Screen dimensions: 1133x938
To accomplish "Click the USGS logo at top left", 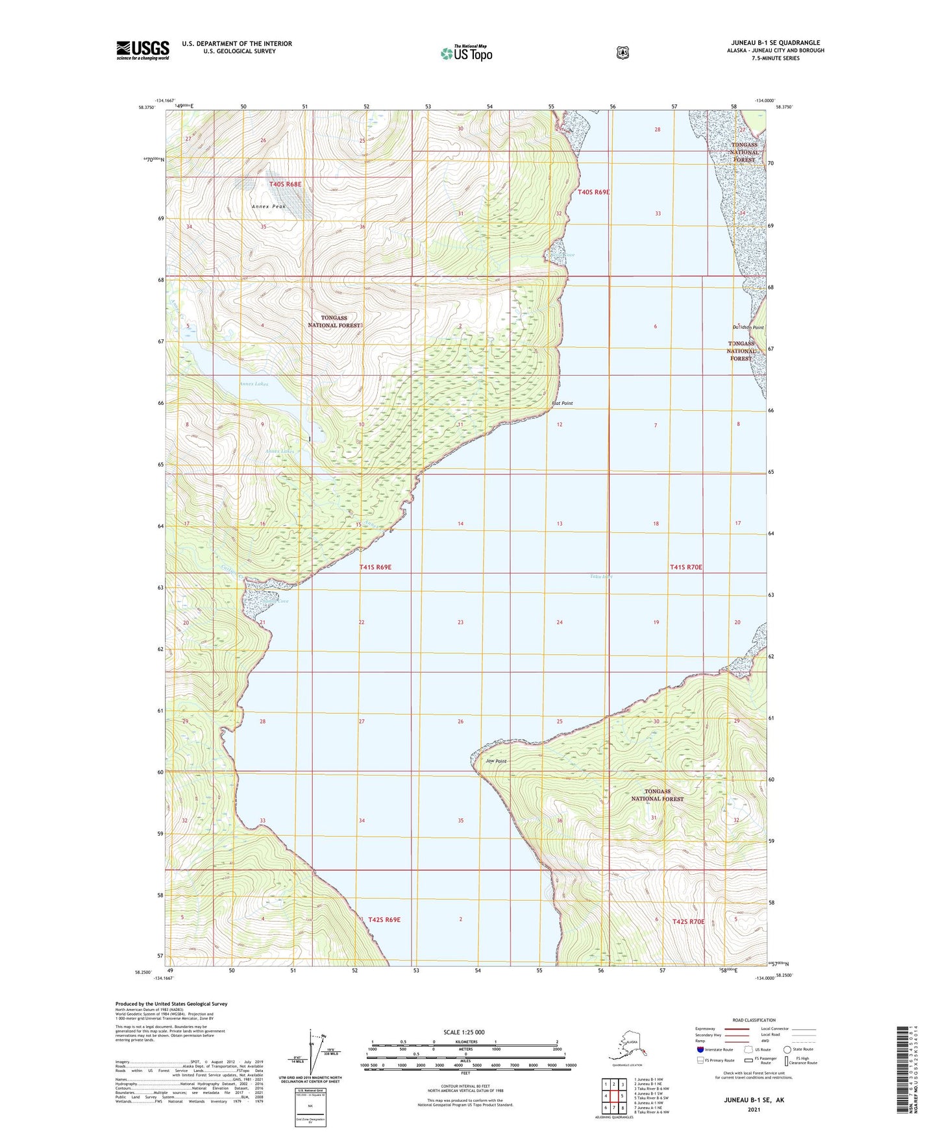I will click(142, 49).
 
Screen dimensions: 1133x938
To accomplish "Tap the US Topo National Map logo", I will click(467, 53).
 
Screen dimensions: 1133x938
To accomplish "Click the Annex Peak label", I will click(269, 206).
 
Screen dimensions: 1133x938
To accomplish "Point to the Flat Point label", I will click(562, 404).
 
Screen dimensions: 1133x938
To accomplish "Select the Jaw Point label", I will click(496, 761).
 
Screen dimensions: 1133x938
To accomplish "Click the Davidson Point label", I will click(748, 328).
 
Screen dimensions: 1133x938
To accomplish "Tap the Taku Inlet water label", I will click(601, 576).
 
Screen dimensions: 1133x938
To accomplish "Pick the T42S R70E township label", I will click(688, 921).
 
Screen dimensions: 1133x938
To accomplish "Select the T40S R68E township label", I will click(285, 184).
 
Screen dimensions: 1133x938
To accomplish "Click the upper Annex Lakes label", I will click(253, 384).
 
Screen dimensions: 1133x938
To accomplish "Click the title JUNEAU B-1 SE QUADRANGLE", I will click(775, 43).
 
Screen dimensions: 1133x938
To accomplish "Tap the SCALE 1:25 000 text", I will click(463, 1032).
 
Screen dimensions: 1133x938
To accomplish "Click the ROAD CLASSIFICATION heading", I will click(754, 1020).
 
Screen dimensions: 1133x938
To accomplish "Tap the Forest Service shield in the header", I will click(623, 53).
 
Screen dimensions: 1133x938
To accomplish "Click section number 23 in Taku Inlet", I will click(460, 622).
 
